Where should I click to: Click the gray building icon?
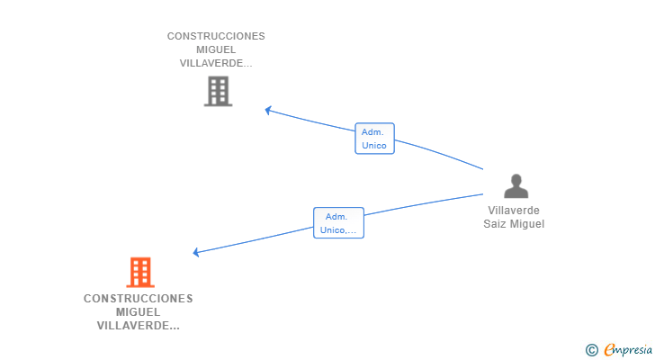tap(218, 91)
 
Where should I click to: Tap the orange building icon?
tap(139, 272)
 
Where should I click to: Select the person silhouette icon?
tap(516, 185)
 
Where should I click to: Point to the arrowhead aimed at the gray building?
tap(268, 110)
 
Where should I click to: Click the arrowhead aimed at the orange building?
tap(197, 252)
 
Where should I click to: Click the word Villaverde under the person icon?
tap(514, 211)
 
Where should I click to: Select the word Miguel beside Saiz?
tap(527, 224)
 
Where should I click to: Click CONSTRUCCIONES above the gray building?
tap(216, 36)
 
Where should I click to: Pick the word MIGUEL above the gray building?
tap(216, 49)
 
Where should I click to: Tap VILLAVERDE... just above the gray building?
tap(216, 63)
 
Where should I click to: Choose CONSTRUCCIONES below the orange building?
tap(138, 298)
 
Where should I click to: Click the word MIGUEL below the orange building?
tap(138, 311)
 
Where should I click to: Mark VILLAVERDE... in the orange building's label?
tap(138, 325)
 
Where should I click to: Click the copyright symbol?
tap(591, 350)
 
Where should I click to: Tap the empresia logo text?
tap(626, 349)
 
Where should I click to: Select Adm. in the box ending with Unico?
tap(373, 131)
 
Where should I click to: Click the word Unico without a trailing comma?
tap(374, 145)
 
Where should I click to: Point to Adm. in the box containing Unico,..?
tap(336, 216)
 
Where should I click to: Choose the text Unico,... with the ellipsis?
tap(338, 229)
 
